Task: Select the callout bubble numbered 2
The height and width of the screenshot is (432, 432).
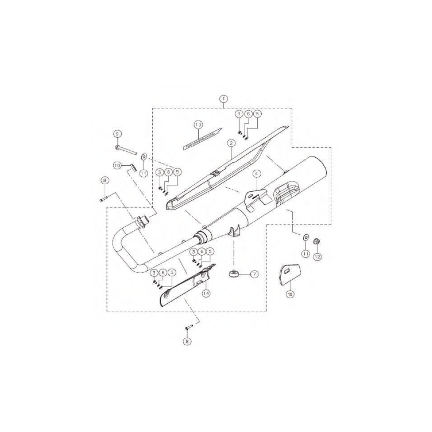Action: coord(231,143)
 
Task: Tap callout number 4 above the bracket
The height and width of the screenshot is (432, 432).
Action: coord(256,174)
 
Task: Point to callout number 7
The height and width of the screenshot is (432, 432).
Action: coord(254,274)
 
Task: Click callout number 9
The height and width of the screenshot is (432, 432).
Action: coord(117,134)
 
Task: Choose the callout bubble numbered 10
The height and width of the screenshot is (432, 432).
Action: coord(117,166)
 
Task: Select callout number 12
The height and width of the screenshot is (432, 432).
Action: coord(318,257)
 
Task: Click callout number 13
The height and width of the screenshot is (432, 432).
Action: coord(198,125)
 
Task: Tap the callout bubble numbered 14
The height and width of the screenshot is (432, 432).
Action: coord(206,294)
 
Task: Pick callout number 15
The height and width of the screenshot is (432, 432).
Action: coord(290,294)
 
